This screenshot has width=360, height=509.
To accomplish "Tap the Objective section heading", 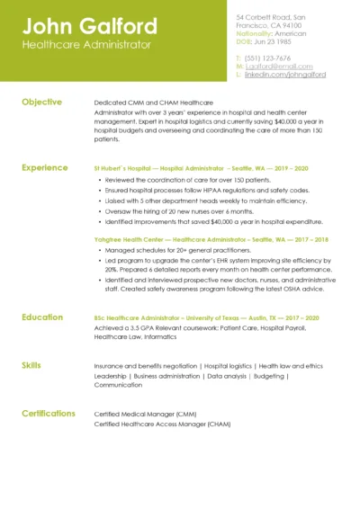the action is (41, 103).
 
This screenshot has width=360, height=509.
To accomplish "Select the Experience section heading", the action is (44, 167).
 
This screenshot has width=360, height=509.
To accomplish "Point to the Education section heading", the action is (42, 317).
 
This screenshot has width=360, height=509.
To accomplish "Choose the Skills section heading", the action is (31, 365).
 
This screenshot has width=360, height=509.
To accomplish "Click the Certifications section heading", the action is (49, 414).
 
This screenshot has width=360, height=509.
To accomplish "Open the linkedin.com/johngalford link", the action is (284, 75).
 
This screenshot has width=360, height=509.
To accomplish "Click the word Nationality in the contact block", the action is (255, 33).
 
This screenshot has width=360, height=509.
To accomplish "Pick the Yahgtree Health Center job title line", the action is (211, 240).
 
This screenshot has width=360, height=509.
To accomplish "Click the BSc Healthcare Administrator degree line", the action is (206, 317).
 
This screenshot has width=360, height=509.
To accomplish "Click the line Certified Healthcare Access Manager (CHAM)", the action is (162, 424).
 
